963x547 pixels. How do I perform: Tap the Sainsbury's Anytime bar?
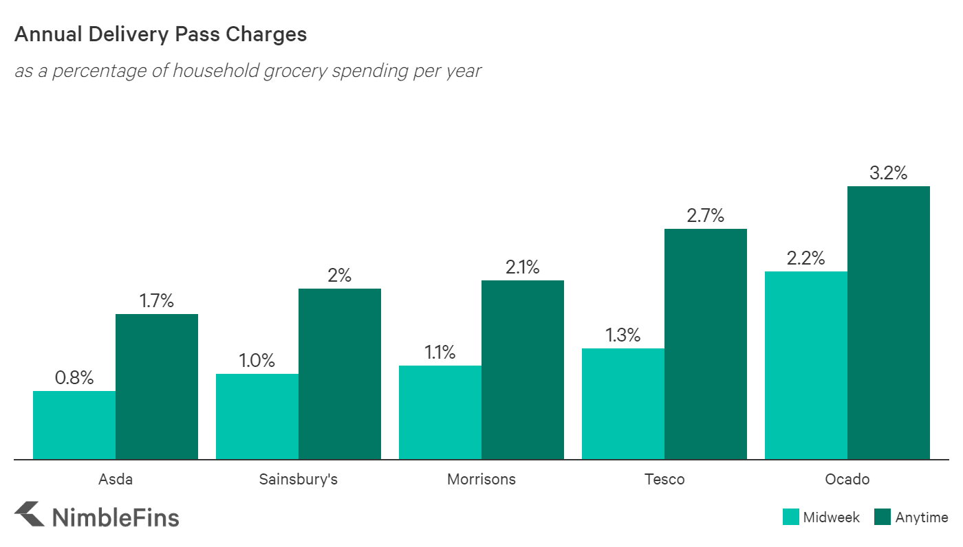[340, 374]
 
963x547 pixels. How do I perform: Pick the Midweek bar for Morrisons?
[440, 412]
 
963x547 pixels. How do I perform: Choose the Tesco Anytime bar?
[706, 344]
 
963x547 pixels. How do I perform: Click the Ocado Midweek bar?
[806, 365]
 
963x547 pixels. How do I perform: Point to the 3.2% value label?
[888, 173]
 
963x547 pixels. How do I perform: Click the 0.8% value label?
[74, 378]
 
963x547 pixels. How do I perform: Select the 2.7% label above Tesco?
[706, 216]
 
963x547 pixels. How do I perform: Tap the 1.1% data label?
[440, 353]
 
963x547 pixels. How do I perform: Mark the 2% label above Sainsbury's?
[340, 276]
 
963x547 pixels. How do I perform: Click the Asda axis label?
[116, 479]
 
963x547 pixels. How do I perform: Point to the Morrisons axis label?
[481, 479]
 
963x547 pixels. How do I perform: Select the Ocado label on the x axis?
[847, 479]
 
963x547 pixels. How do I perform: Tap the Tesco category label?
[664, 479]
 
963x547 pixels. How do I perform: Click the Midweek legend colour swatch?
[790, 517]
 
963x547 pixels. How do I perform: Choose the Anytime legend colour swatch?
[883, 517]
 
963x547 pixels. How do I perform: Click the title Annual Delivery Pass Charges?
[160, 34]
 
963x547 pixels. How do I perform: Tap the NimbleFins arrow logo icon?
[29, 515]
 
